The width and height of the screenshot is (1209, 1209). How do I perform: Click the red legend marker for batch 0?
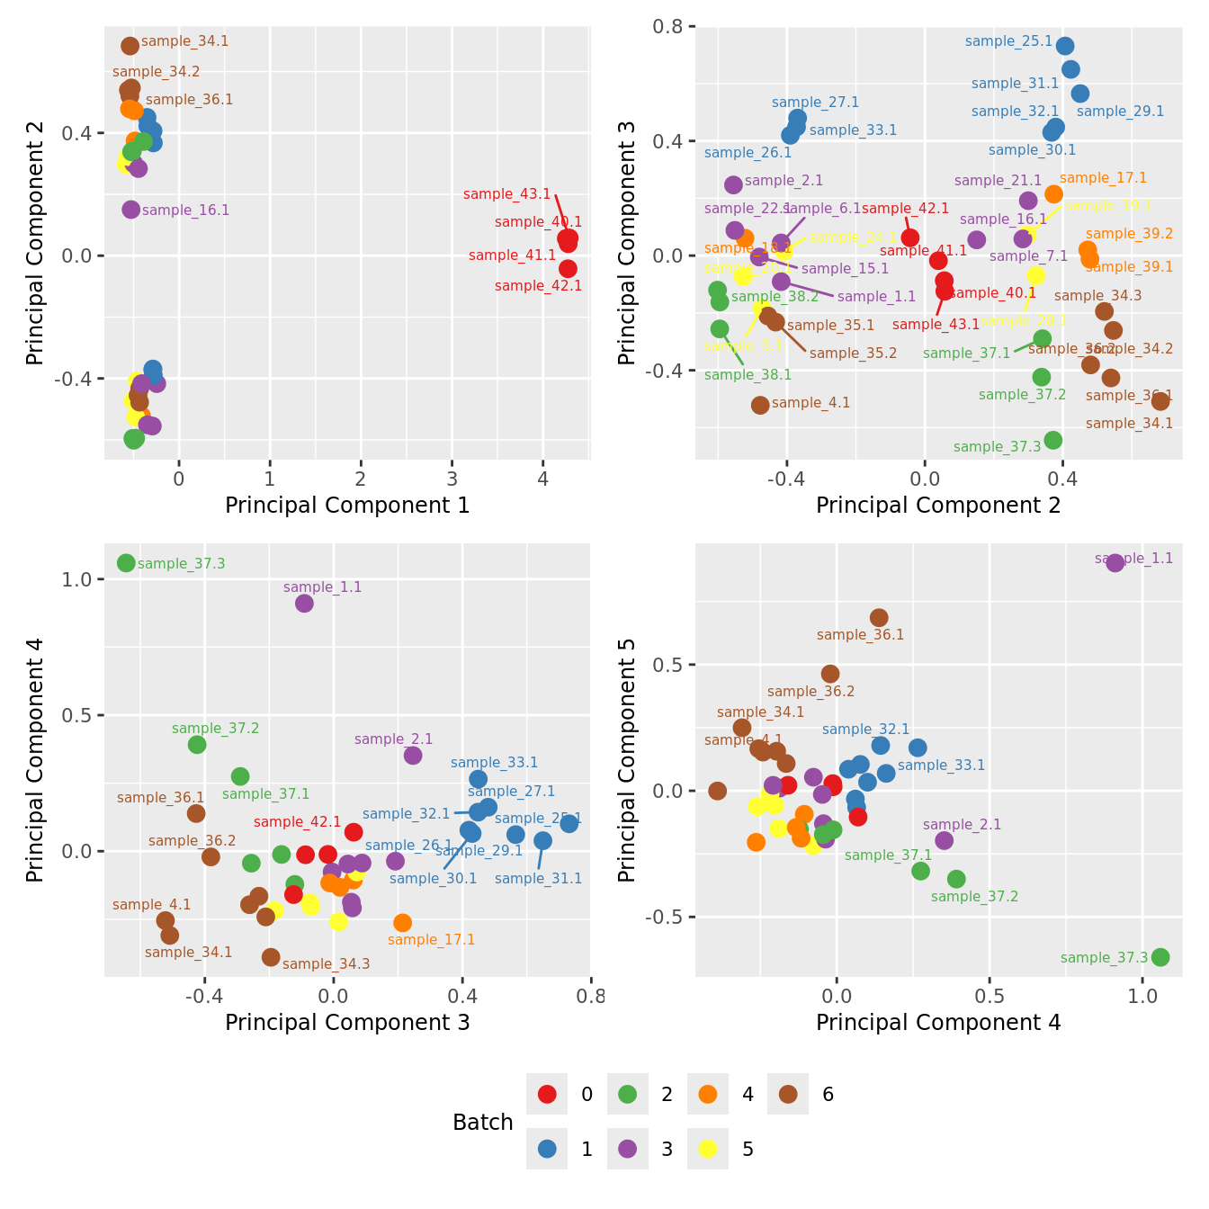547,1095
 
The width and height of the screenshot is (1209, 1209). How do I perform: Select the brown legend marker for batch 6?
788,1095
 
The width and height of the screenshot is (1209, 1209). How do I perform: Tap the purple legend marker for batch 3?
628,1149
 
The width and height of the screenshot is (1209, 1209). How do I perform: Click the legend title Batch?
483,1123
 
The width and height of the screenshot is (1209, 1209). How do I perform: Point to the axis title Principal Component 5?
627,759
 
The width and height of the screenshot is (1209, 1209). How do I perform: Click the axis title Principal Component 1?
347,506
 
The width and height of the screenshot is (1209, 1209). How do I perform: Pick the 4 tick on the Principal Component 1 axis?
543,478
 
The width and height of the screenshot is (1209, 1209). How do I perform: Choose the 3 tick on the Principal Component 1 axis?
452,478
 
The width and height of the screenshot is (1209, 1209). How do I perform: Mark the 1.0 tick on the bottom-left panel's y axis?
78,579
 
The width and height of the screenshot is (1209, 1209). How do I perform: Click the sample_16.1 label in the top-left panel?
185,210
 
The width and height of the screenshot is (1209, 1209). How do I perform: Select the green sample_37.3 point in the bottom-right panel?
1160,957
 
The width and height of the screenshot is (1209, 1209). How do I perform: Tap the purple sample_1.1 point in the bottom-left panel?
304,603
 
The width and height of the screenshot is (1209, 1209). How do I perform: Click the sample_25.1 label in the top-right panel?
1008,41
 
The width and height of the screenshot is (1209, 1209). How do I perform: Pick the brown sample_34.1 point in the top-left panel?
130,46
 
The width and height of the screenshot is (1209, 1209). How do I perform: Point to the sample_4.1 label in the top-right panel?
810,403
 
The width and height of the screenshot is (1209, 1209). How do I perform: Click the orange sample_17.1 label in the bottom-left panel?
431,940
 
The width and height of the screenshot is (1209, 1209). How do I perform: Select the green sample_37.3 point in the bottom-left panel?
126,563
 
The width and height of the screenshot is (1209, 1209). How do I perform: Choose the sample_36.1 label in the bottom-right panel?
860,635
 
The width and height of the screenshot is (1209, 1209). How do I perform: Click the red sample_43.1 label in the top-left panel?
506,194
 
